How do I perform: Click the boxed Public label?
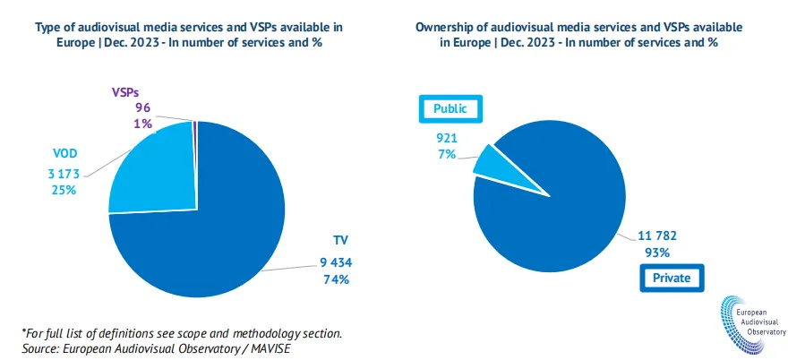coord(451,109)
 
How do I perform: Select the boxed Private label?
coord(671,278)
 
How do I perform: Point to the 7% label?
coord(447,155)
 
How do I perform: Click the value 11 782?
coord(658,236)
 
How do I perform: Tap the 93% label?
coord(658,253)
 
